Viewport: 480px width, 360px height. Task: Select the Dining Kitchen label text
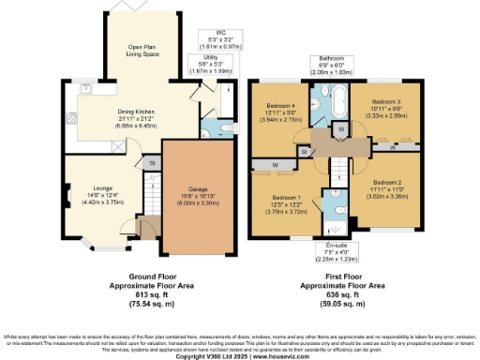[x=137, y=117]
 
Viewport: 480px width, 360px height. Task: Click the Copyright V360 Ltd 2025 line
[x=239, y=355]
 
